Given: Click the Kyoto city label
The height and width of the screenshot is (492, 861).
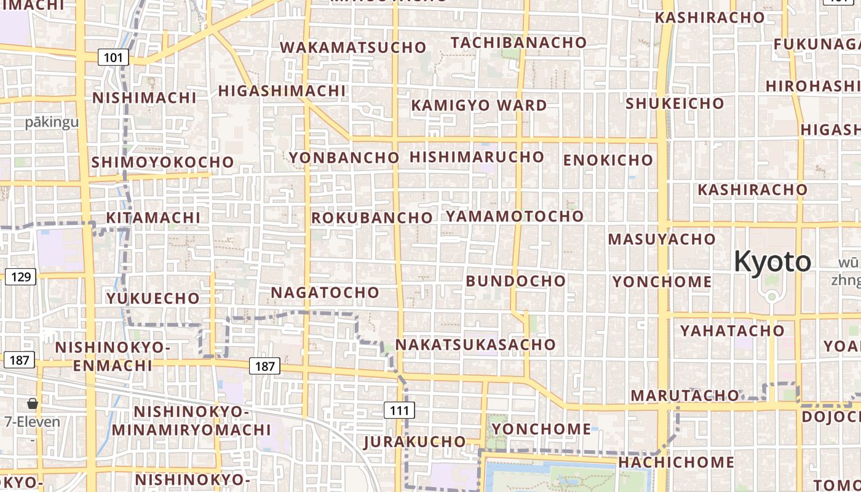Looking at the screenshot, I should [772, 262].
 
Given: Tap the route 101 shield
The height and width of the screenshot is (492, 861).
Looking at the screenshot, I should [113, 58].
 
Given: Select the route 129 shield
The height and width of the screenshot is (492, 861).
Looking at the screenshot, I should [21, 277].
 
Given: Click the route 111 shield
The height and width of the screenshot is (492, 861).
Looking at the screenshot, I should [399, 410].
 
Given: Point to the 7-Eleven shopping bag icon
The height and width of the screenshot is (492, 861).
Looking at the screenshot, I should [33, 404].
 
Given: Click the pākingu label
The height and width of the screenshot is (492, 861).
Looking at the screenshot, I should [52, 122].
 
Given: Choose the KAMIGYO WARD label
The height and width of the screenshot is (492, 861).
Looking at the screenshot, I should [478, 105].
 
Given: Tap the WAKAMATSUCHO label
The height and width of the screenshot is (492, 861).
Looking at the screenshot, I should [353, 47].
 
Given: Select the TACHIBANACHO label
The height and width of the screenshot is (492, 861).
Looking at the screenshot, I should [518, 42].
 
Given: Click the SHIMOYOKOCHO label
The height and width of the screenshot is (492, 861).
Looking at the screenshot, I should [162, 162].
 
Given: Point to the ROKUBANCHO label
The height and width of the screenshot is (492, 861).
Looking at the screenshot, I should [372, 218].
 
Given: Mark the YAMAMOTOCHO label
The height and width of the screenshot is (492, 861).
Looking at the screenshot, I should [514, 216].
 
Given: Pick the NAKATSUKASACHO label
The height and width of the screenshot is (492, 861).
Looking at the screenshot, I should [475, 344].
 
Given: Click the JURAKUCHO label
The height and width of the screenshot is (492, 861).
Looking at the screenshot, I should [415, 442].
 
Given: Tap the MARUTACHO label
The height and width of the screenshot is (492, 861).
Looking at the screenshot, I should [684, 395].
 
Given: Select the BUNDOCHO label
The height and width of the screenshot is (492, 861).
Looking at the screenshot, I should [515, 281].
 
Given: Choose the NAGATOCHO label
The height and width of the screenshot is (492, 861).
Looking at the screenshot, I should [325, 292].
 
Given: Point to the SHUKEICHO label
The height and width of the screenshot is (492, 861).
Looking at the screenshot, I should [675, 103].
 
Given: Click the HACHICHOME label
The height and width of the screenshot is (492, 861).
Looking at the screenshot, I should [676, 462].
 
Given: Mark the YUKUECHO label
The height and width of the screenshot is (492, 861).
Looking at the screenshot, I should [153, 298].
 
